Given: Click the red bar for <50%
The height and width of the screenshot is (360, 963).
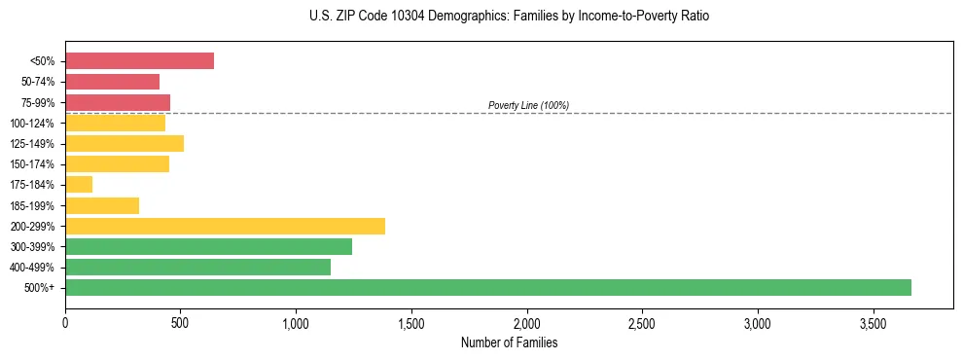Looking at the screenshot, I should click(139, 61).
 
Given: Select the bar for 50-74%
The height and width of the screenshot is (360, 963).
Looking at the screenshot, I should click(112, 82).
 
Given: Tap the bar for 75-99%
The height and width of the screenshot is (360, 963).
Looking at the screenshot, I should click(118, 102).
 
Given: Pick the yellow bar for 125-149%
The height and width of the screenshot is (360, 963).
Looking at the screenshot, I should click(125, 143).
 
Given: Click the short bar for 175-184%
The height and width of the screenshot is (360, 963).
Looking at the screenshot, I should click(79, 185).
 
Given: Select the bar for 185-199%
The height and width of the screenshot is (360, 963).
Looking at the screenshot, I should click(102, 205).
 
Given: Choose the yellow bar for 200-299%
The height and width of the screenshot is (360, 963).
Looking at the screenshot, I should click(225, 226).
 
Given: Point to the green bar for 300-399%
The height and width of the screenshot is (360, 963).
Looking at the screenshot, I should click(208, 246).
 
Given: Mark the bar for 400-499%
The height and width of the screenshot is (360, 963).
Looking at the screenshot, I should click(197, 267).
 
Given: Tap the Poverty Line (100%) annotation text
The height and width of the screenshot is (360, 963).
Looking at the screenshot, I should click(528, 105).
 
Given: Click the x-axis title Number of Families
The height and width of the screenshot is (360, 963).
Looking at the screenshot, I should click(509, 342).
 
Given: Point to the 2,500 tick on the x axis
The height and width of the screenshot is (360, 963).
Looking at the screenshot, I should click(642, 323).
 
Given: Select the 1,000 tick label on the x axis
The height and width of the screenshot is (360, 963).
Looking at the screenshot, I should click(296, 323).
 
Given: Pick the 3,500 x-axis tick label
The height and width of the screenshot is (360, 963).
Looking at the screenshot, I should click(873, 323).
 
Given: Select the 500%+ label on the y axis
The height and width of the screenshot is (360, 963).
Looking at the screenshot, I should click(40, 288).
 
